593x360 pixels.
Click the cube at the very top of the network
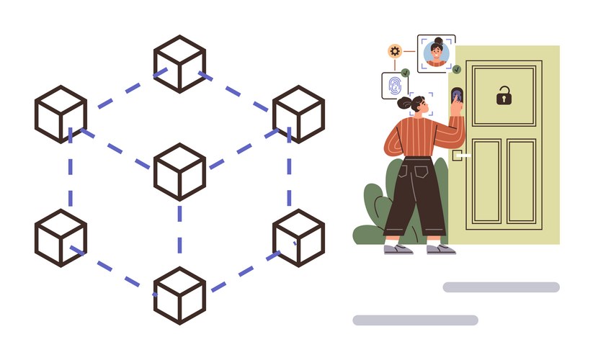180,63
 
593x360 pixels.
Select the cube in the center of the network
180,171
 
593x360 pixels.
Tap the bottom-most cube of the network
180,295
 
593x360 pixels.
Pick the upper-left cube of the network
61,114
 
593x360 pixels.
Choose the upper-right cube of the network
299,114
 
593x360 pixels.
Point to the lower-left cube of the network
61,238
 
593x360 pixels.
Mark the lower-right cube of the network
299,238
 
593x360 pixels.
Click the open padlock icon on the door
504,95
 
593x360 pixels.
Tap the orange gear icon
395,50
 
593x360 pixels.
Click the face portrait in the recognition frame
436,53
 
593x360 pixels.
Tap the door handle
460,155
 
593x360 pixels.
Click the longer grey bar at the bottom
414,320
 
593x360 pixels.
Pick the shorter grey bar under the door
501,287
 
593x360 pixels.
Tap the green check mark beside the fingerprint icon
406,73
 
